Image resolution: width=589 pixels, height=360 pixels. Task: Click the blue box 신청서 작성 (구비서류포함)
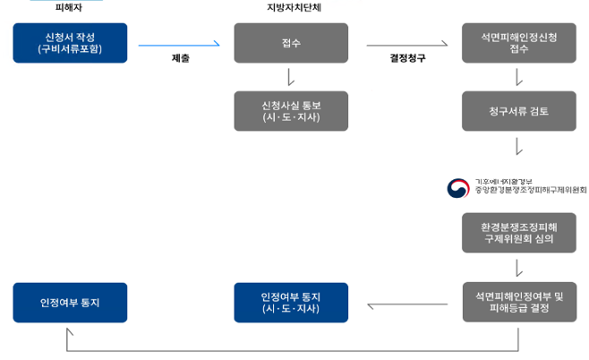(71, 43)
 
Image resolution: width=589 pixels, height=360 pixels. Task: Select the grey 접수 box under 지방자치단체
(291, 43)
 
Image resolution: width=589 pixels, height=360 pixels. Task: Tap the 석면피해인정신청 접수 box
(518, 43)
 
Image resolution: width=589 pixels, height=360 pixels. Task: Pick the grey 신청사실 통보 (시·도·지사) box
(291, 111)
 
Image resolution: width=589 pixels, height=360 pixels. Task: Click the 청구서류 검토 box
(518, 111)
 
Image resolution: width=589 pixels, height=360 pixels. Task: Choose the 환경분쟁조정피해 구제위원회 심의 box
(518, 233)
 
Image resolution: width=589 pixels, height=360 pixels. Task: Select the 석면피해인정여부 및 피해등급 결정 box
(518, 302)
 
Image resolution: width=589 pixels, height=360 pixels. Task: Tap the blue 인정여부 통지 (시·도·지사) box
(291, 302)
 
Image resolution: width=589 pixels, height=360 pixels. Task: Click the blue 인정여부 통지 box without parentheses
(71, 302)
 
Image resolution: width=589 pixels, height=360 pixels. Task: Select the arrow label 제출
(180, 58)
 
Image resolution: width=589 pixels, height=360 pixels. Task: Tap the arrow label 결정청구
(407, 58)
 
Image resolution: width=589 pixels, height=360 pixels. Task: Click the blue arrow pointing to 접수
(179, 43)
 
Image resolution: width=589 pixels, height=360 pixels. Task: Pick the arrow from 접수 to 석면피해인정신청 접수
(407, 43)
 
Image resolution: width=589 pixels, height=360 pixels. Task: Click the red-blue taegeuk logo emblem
(457, 189)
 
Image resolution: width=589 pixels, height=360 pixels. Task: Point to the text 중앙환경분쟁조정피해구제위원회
(530, 191)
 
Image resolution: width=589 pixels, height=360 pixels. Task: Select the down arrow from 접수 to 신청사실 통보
(291, 77)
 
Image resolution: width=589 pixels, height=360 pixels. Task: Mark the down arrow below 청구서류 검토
(518, 145)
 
